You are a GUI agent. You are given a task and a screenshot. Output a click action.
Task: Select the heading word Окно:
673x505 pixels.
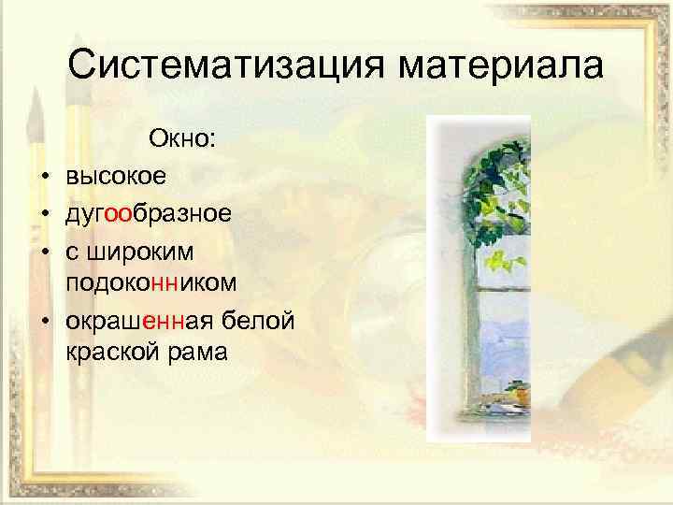coord(182,140)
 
